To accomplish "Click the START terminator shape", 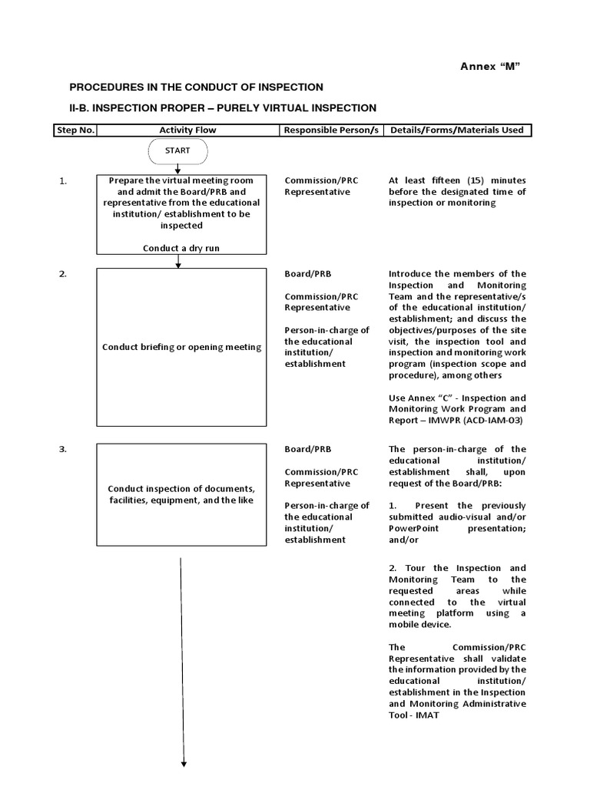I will [x=177, y=151].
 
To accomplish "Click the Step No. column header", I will [x=75, y=130].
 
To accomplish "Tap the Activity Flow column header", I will [x=187, y=130].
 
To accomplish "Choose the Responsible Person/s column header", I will [x=331, y=130].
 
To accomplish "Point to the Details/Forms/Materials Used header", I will [x=457, y=130].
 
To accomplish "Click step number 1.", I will [x=63, y=181].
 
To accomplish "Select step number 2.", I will [x=63, y=274].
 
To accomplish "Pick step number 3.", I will [x=63, y=449].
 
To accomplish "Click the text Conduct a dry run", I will [x=181, y=248].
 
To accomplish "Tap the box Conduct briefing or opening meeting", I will [x=181, y=347].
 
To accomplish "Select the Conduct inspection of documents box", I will [x=181, y=494].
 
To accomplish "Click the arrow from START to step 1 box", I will [x=178, y=169].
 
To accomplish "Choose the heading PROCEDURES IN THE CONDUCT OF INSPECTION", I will [x=197, y=88].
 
